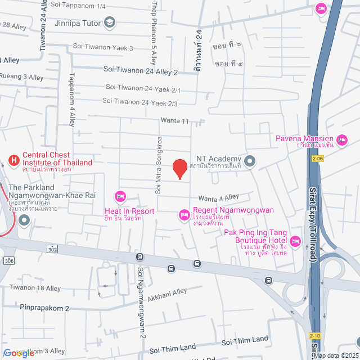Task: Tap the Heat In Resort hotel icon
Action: (x=120, y=196)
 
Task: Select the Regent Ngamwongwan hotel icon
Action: (x=183, y=214)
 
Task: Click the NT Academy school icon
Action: (x=250, y=163)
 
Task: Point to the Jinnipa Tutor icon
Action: (x=110, y=23)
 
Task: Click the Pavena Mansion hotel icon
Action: (x=341, y=139)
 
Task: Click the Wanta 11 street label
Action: (x=174, y=120)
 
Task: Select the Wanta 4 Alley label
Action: (x=218, y=197)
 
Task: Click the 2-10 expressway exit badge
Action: (x=314, y=335)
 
